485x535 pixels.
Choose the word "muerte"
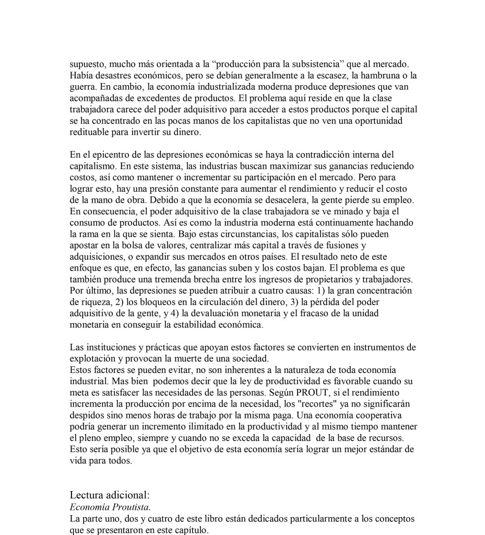(176, 358)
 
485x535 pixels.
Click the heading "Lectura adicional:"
(110, 495)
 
